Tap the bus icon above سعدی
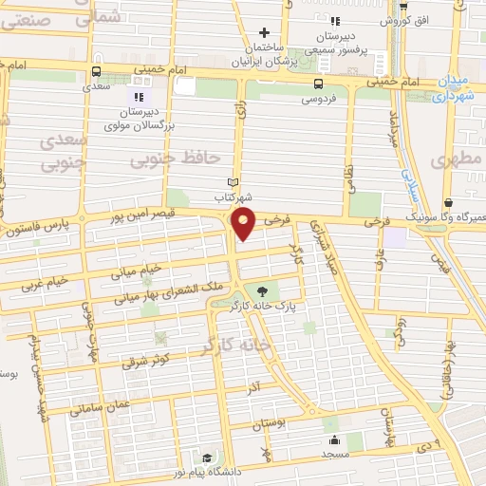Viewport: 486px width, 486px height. coord(96,70)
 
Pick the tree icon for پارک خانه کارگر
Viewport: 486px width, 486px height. coord(262,291)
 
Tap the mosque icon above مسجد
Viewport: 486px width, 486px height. coord(334,440)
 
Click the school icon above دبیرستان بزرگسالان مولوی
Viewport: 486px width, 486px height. coord(139,96)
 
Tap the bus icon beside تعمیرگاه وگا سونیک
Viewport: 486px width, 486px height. coord(448,202)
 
